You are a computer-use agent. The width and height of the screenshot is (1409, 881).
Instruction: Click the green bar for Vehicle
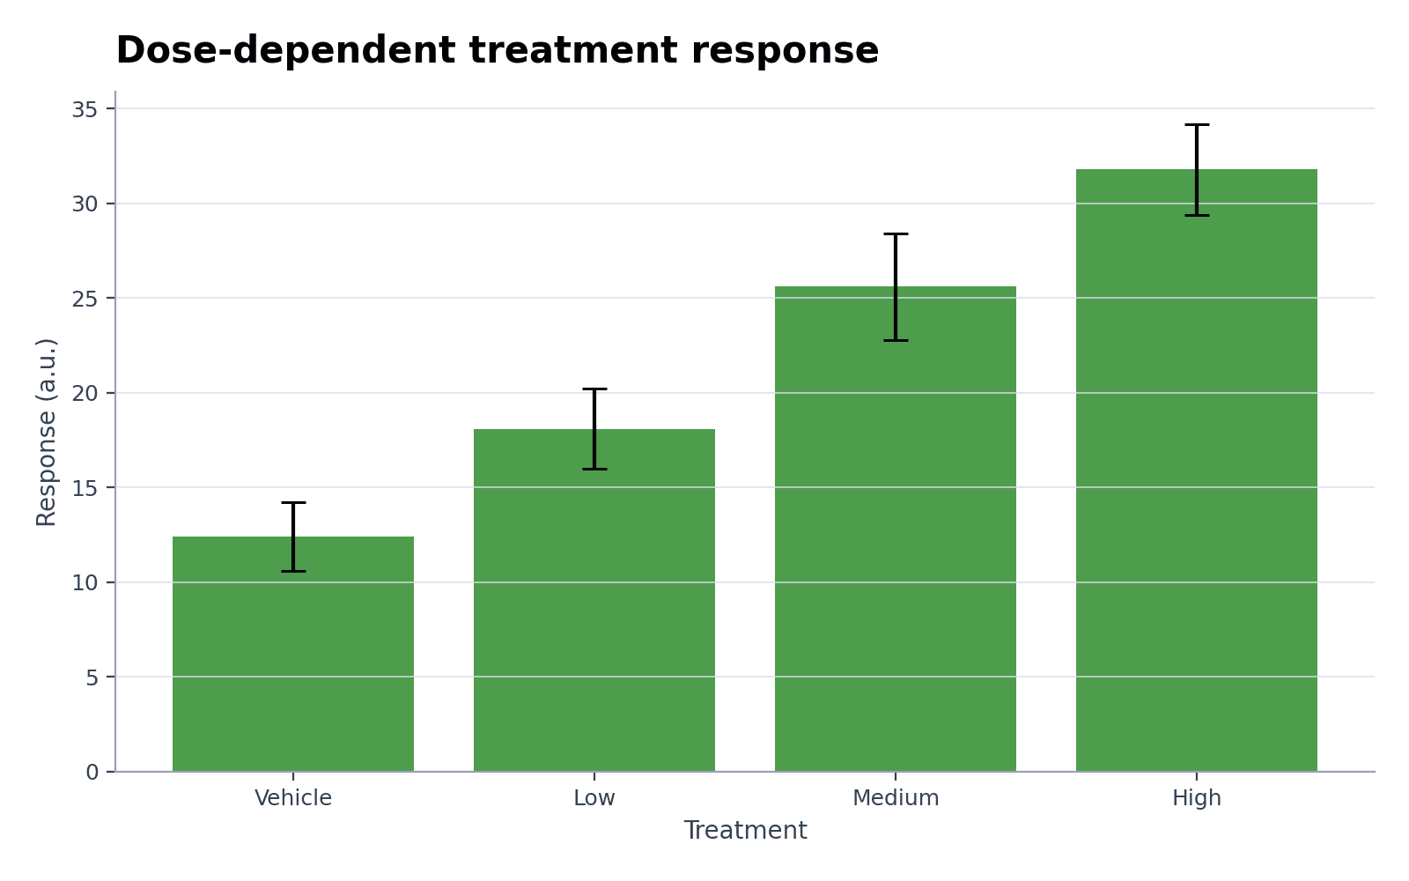point(293,654)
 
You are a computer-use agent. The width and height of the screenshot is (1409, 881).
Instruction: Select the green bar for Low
point(594,600)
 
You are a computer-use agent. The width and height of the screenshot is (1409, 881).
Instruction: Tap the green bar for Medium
point(896,529)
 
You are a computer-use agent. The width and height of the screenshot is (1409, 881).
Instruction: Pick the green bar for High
point(1197,470)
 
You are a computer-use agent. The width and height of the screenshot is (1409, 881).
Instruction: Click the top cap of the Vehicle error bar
point(293,503)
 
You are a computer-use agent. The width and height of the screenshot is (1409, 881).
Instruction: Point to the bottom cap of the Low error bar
point(594,469)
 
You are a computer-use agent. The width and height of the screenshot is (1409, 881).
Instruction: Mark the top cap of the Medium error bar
point(896,234)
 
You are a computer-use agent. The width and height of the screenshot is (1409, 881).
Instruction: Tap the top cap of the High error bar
point(1197,125)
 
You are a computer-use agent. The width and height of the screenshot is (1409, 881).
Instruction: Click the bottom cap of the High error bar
point(1197,216)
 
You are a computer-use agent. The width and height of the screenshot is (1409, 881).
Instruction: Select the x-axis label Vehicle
point(293,798)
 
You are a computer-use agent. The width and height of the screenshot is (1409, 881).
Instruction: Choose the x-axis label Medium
point(896,798)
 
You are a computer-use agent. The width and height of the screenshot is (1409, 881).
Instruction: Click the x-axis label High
point(1197,798)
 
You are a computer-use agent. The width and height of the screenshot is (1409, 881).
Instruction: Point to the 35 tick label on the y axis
point(85,109)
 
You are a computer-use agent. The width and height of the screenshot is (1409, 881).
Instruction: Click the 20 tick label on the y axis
point(85,394)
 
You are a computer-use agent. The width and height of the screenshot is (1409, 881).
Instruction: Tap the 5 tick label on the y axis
point(92,677)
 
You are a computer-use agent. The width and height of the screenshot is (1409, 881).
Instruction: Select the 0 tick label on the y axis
point(92,773)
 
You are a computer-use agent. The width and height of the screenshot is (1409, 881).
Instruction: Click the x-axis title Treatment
point(745,831)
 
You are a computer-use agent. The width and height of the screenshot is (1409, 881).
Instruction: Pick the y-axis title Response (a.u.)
point(46,433)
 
